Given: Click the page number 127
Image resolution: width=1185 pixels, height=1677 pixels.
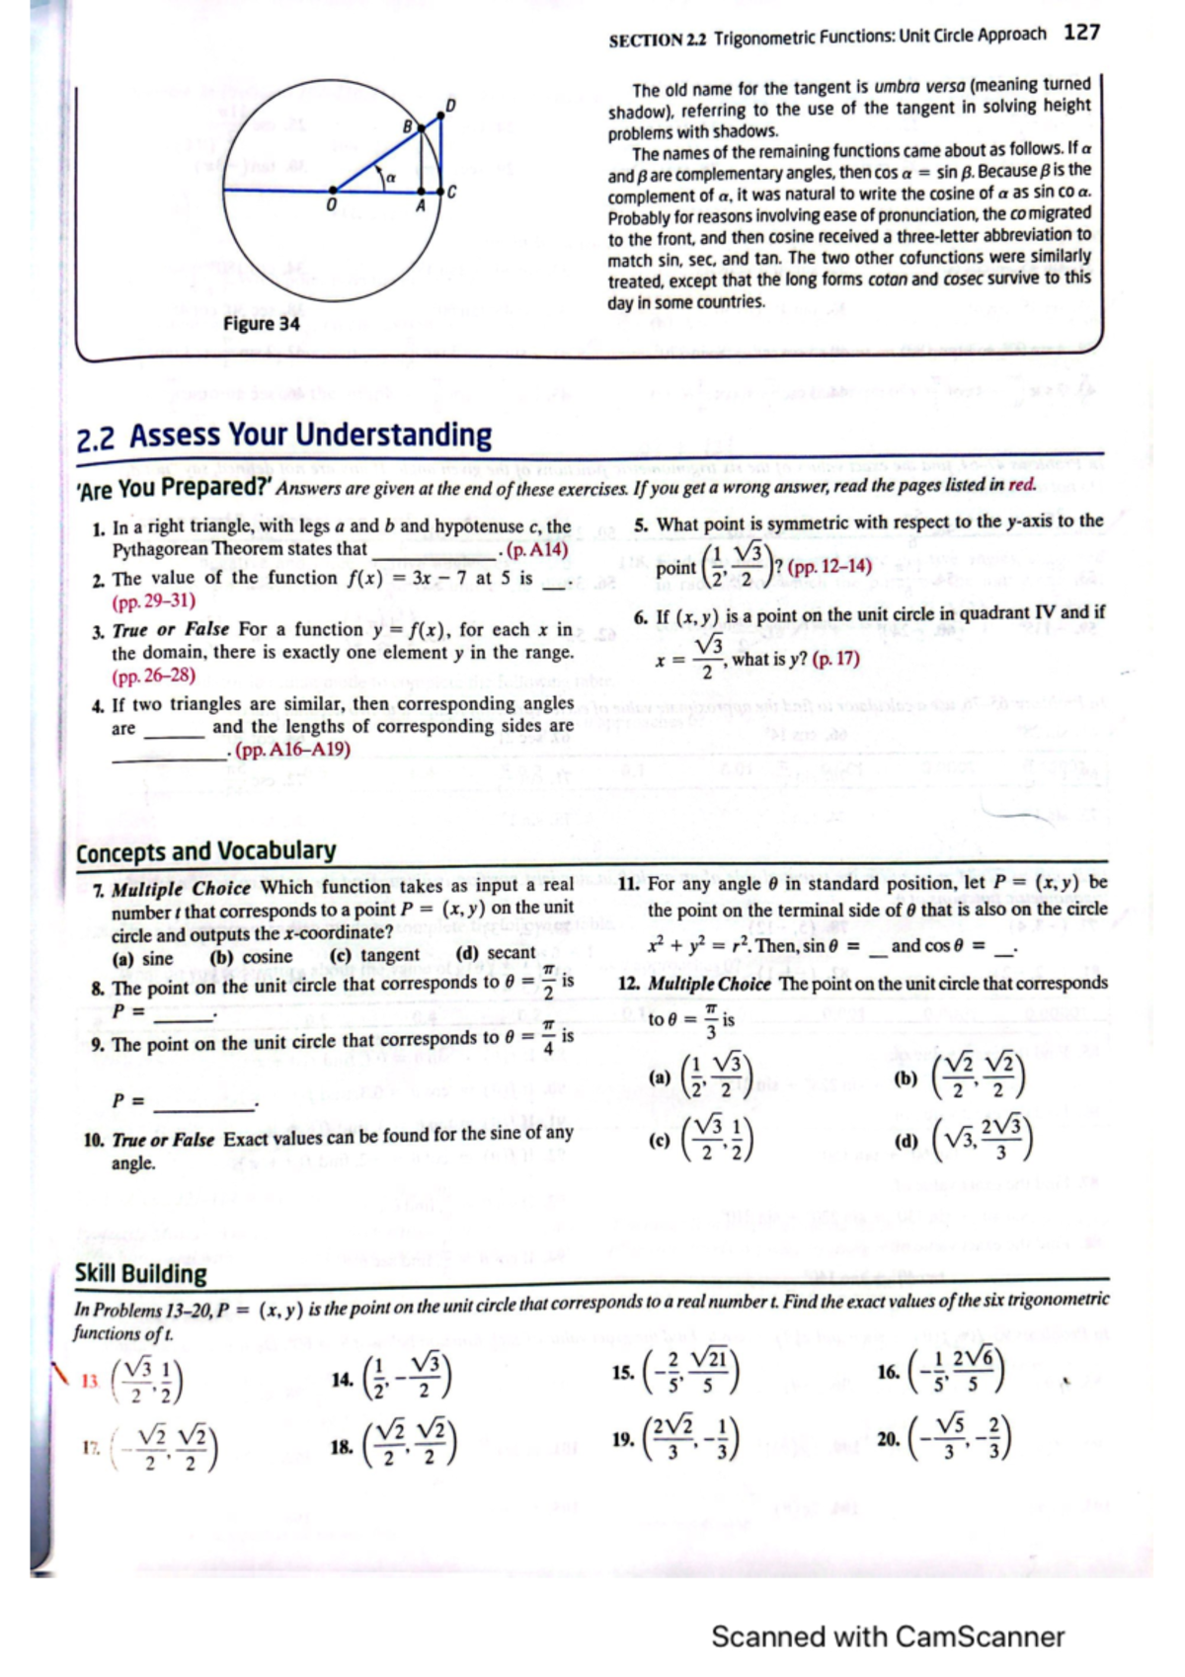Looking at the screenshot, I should [x=1081, y=33].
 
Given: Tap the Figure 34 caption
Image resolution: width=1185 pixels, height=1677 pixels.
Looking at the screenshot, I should [x=261, y=324].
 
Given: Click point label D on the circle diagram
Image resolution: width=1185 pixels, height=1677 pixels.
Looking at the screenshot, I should [x=450, y=105].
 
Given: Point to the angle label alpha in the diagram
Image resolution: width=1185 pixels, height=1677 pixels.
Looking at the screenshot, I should [x=391, y=176].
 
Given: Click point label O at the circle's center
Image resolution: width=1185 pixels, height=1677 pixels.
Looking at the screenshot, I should [x=332, y=203].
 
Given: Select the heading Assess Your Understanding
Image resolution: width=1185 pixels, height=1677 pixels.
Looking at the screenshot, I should [x=310, y=436].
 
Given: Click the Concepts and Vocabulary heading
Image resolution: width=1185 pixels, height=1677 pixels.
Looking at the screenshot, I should [x=205, y=850].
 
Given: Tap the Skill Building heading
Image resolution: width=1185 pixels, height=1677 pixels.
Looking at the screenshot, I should [x=141, y=1274].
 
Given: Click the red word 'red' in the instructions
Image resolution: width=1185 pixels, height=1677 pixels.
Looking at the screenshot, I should [x=1022, y=485].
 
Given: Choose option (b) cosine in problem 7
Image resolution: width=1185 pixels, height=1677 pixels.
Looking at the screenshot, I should [x=251, y=957].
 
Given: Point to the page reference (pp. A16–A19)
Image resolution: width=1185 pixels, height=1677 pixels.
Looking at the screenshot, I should [x=292, y=750].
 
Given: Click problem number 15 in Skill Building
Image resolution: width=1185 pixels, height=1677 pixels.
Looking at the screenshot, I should [x=622, y=1372].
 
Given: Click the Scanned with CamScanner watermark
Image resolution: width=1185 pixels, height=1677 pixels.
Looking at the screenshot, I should [x=887, y=1636].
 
